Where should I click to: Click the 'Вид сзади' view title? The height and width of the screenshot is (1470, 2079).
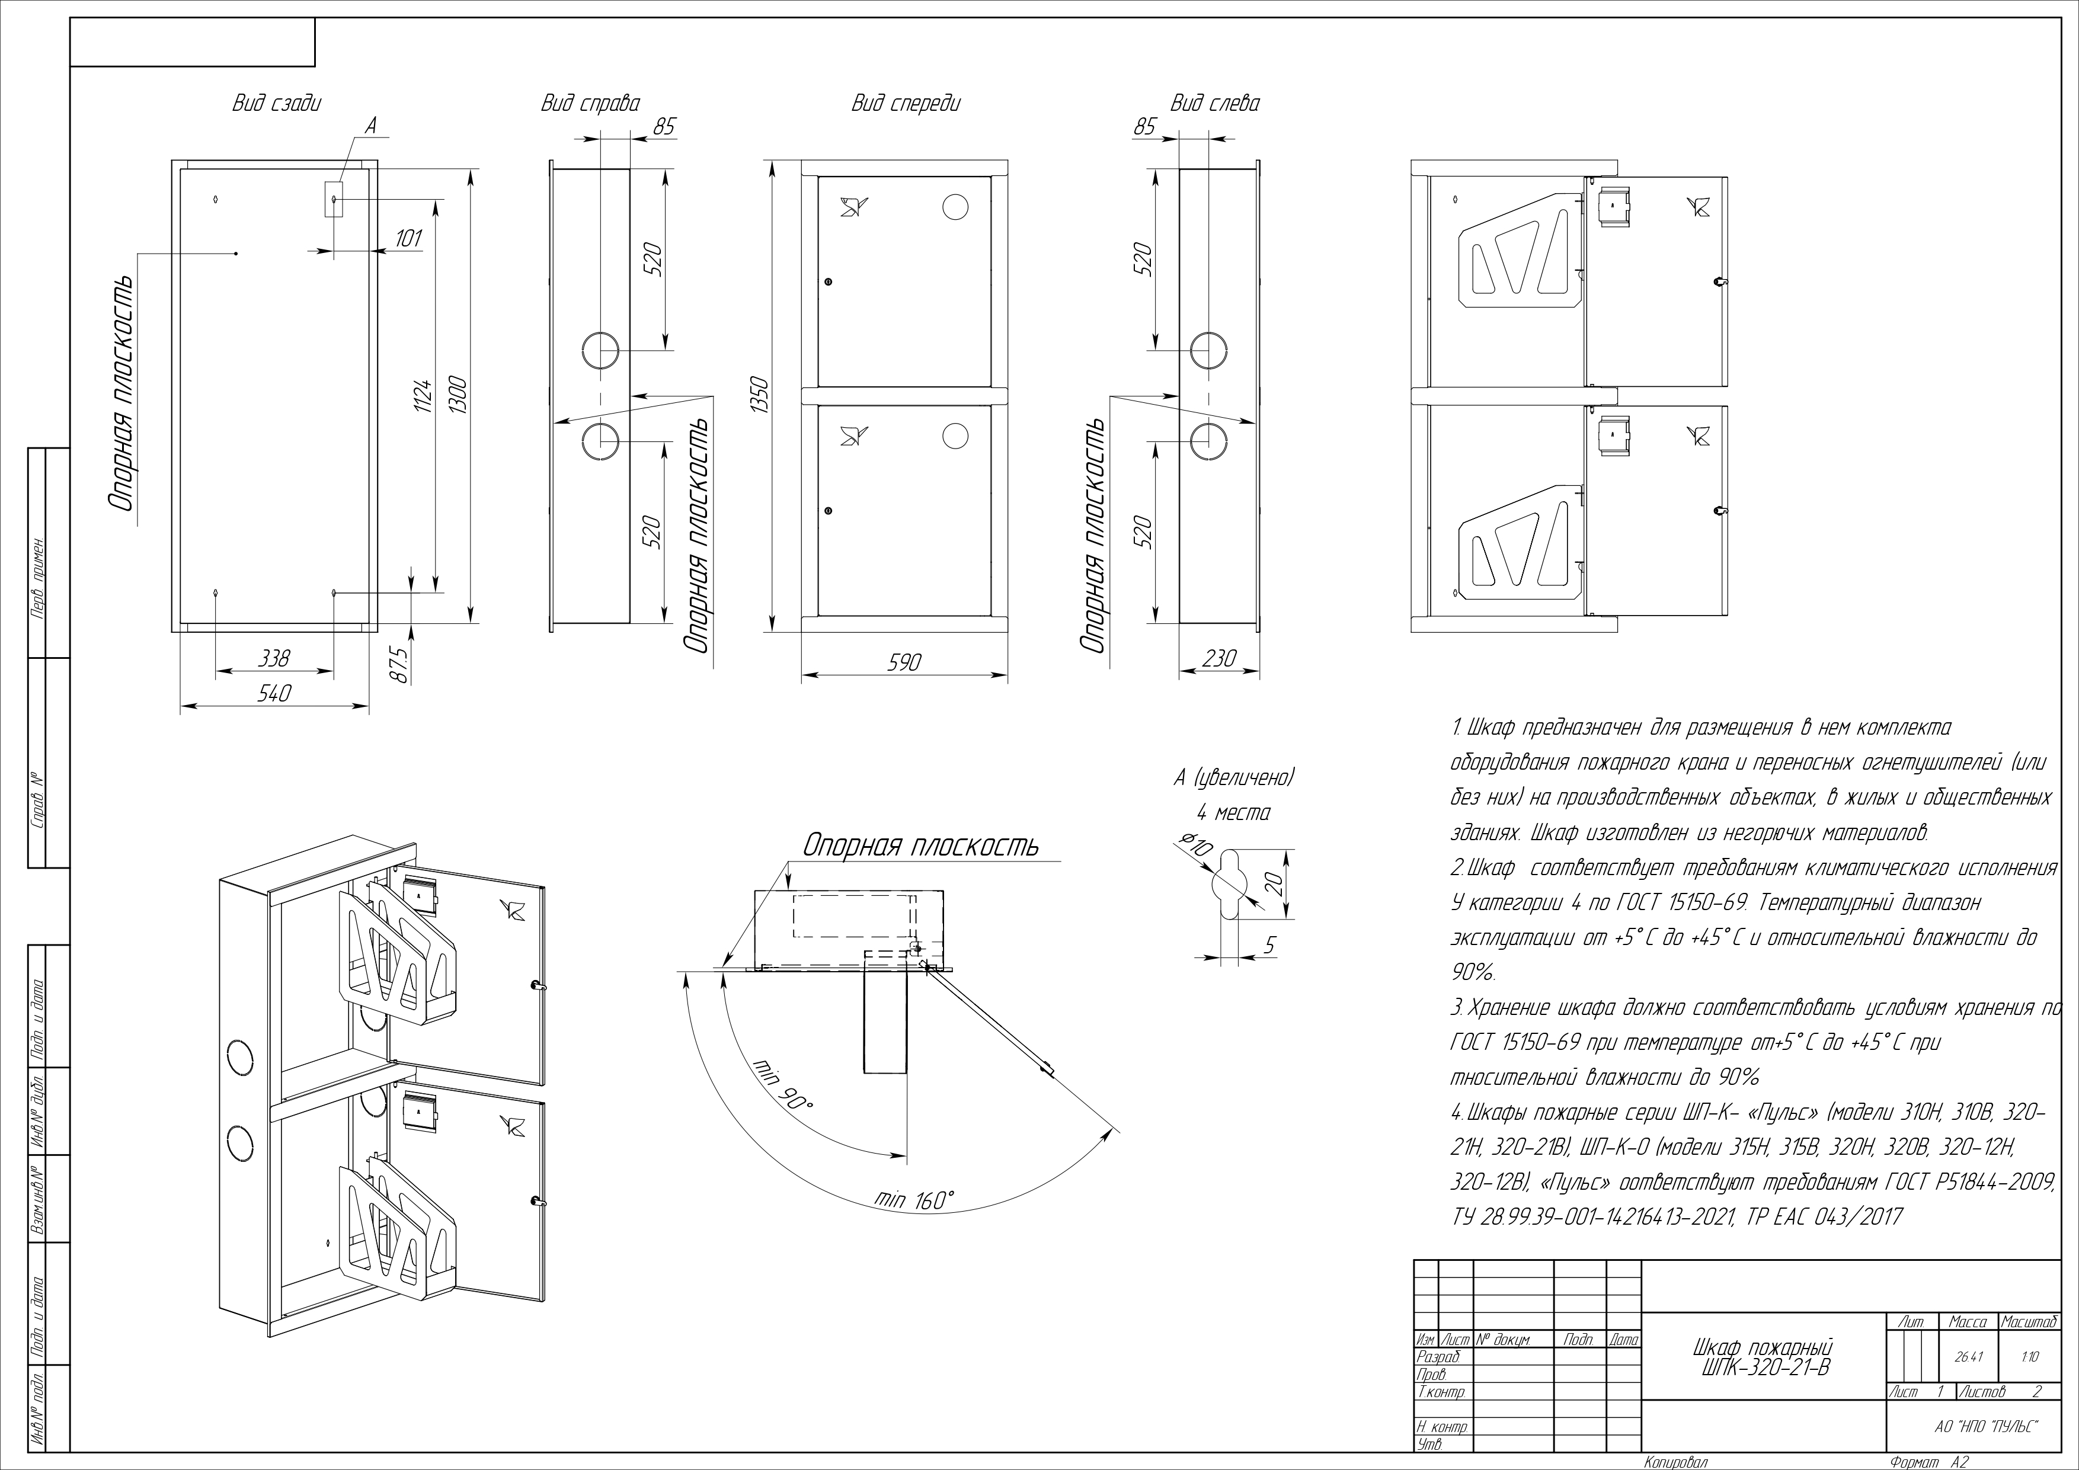tap(276, 103)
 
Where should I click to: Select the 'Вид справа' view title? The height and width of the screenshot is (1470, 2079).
tap(590, 103)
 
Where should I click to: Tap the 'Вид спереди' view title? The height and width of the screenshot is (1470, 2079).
tap(906, 103)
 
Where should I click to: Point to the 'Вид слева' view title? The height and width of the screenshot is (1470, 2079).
tap(1214, 103)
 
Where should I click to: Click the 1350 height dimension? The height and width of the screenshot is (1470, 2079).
tap(759, 396)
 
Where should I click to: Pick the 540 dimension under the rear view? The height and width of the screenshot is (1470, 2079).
tap(274, 693)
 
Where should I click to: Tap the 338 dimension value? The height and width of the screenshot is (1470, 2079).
tap(274, 658)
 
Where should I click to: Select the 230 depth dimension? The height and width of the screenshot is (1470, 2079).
tap(1219, 658)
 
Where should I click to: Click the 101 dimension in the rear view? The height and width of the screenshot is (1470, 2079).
tap(408, 238)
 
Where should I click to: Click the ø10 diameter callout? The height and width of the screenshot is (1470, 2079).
tap(1196, 846)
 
